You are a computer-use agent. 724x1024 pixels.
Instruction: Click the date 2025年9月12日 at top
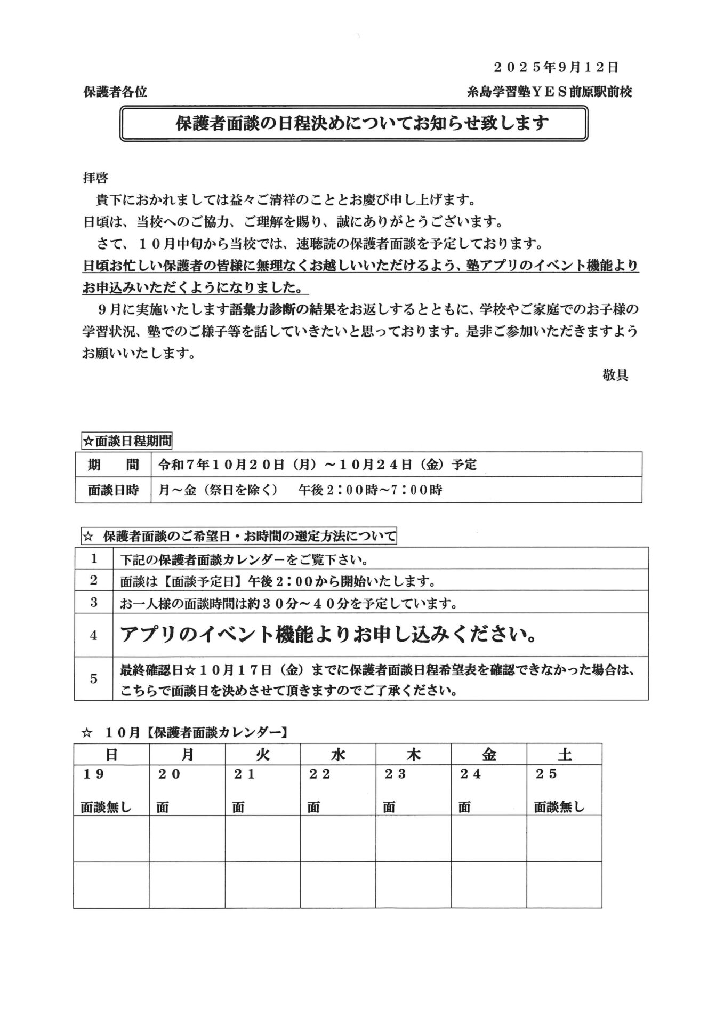click(x=556, y=68)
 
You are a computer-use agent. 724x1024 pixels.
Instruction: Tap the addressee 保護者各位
click(x=115, y=92)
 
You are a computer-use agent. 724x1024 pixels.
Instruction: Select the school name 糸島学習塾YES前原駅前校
click(x=549, y=92)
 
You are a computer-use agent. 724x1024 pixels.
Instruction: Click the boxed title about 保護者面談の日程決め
click(x=354, y=124)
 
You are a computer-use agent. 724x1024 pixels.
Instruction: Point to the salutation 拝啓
click(x=96, y=178)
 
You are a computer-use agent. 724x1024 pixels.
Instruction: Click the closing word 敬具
click(x=615, y=375)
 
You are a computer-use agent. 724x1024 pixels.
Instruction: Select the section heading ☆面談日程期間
click(x=127, y=442)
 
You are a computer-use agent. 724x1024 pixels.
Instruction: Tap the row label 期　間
click(x=113, y=465)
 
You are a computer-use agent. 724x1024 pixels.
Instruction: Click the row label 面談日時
click(x=113, y=490)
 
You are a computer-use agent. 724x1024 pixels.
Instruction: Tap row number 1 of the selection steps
click(x=94, y=559)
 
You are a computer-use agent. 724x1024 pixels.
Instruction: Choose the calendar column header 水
click(x=338, y=755)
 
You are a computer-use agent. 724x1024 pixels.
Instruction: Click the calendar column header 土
click(x=564, y=755)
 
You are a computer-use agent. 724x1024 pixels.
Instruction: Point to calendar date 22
click(x=320, y=774)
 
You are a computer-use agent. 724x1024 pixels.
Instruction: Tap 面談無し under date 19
click(x=106, y=807)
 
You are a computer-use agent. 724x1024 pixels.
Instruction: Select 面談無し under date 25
click(x=559, y=807)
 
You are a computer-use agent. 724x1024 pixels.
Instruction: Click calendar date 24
click(x=471, y=774)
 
